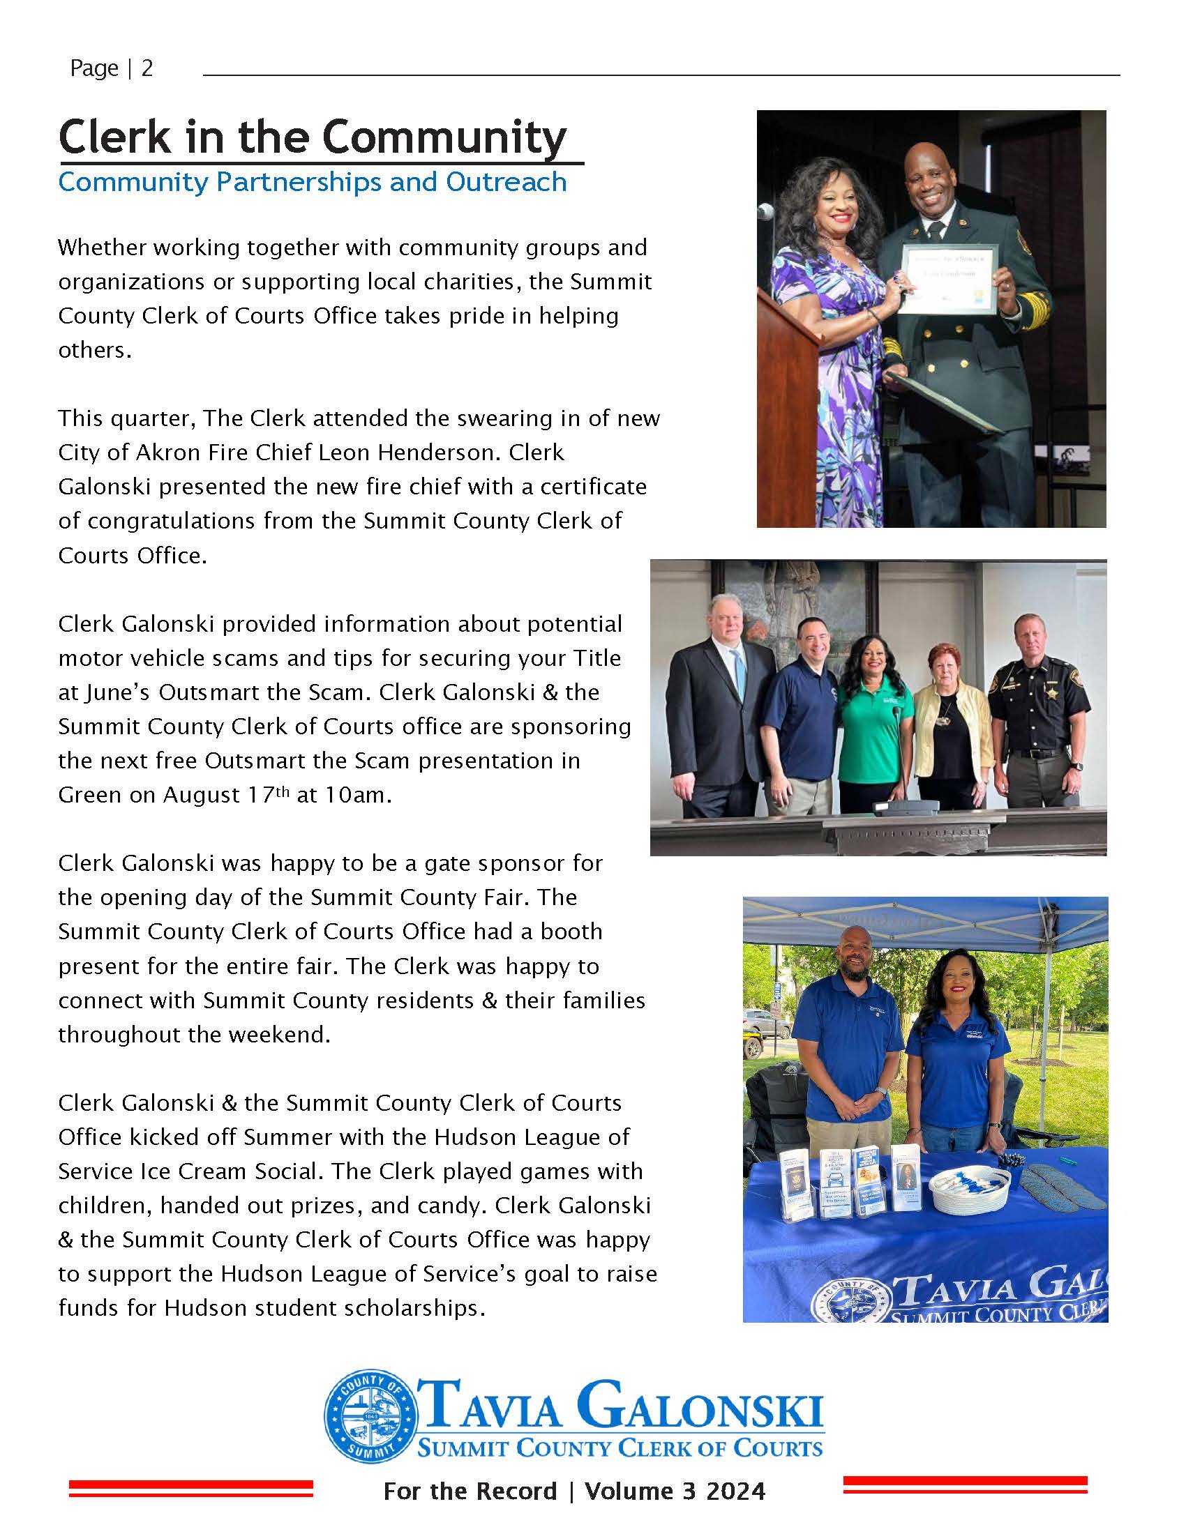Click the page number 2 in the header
[x=147, y=68]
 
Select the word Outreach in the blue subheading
[x=506, y=182]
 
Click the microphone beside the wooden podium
[x=765, y=211]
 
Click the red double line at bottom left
[x=190, y=1488]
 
